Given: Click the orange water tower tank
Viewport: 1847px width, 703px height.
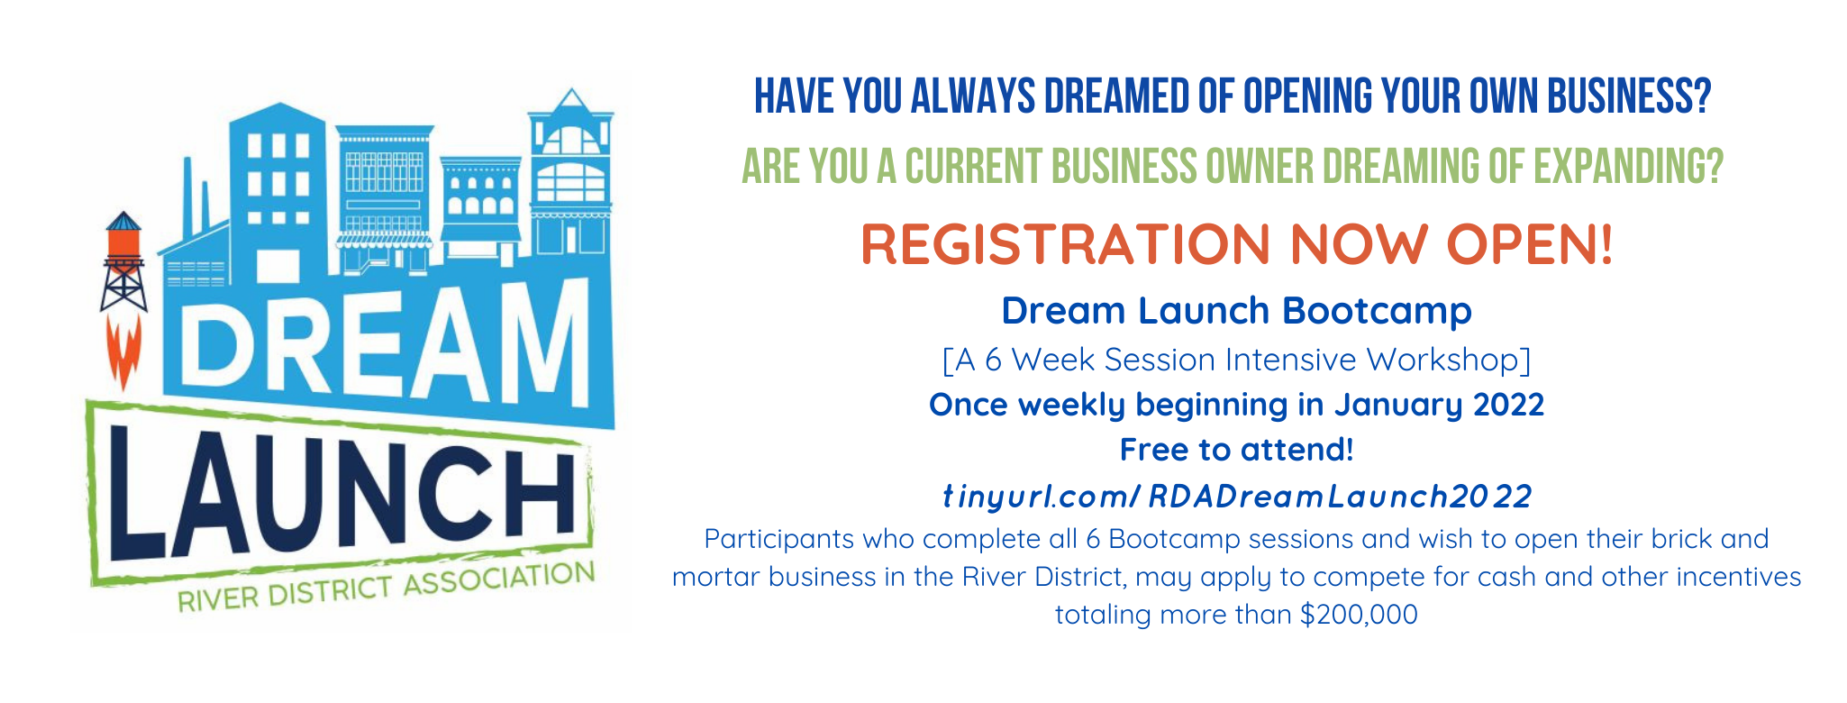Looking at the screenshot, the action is (x=124, y=242).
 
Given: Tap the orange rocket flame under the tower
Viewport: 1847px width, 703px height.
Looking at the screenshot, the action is (x=124, y=352).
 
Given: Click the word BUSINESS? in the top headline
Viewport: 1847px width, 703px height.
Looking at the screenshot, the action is (x=1629, y=96).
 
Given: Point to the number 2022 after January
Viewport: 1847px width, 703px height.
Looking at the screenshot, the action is (x=1508, y=405).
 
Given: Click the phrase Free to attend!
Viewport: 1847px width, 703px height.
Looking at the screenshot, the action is (x=1236, y=450).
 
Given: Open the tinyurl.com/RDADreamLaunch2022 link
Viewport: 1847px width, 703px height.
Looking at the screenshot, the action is (x=1236, y=497).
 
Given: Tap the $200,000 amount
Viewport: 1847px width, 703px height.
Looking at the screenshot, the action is (x=1359, y=615).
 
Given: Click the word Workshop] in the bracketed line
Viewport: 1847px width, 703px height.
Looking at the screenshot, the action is (x=1448, y=361).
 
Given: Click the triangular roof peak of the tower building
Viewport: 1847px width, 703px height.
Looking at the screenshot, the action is (x=569, y=99).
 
